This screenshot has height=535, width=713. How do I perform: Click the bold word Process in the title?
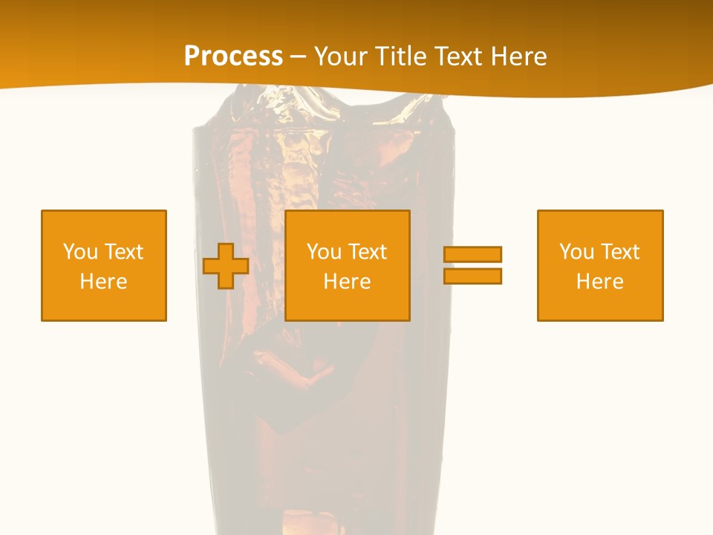[x=233, y=56]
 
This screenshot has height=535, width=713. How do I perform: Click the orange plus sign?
[x=226, y=266]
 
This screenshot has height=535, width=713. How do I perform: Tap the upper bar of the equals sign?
[x=472, y=254]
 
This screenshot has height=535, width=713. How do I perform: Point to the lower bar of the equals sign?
[x=472, y=276]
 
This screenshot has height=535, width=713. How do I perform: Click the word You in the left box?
[x=80, y=252]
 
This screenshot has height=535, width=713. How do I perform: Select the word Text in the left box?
[x=124, y=252]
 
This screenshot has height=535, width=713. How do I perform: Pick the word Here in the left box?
[x=103, y=282]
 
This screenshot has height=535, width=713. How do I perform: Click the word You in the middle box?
[x=324, y=252]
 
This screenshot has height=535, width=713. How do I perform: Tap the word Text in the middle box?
[x=368, y=252]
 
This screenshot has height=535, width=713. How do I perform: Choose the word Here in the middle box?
[x=347, y=282]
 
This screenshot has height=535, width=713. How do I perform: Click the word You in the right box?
[x=576, y=252]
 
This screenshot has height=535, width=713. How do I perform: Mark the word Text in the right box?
[x=620, y=252]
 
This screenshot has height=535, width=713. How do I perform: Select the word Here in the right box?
[x=599, y=282]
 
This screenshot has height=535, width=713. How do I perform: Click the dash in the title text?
[x=298, y=57]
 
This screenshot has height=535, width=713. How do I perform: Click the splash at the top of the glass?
[x=319, y=104]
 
